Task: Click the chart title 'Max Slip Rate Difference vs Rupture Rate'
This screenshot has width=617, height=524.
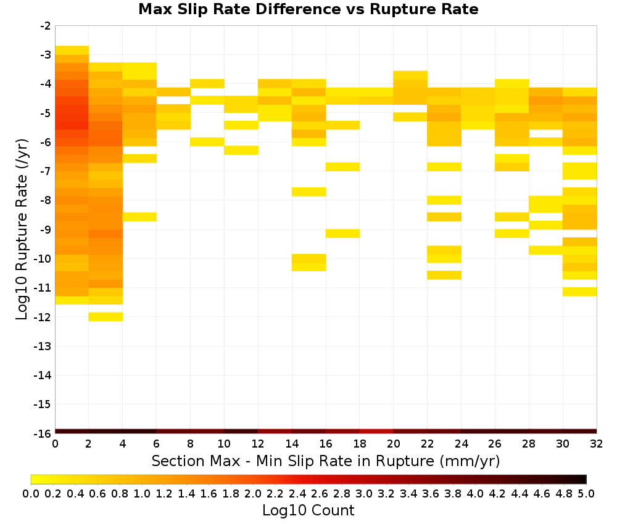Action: click(x=308, y=9)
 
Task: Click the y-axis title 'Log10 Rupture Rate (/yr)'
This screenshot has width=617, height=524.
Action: click(x=22, y=229)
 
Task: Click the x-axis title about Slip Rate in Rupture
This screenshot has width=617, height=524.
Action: click(x=325, y=461)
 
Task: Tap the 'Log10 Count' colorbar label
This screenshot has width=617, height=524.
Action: click(x=308, y=510)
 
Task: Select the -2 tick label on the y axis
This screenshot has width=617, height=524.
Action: click(x=46, y=26)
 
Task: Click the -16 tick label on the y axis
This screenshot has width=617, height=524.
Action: click(x=43, y=433)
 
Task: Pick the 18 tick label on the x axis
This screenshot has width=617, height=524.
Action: click(x=360, y=444)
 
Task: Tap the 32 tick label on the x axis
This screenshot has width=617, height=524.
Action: click(x=597, y=444)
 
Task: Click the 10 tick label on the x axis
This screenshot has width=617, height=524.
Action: click(x=224, y=444)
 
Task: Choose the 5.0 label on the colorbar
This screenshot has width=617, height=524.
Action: click(x=586, y=493)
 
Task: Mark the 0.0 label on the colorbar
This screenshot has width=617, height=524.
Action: click(x=31, y=493)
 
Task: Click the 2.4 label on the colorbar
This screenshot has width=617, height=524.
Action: click(x=297, y=493)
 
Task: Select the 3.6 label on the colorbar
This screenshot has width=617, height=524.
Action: click(x=431, y=493)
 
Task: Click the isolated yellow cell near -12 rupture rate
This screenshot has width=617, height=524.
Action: click(x=106, y=316)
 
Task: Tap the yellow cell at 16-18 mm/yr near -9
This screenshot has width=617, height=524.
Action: click(x=342, y=233)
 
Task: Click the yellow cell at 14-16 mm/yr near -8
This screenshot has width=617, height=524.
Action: click(x=309, y=192)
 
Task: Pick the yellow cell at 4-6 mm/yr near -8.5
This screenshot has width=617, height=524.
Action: click(x=139, y=216)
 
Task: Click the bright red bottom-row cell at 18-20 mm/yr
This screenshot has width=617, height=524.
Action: click(x=376, y=432)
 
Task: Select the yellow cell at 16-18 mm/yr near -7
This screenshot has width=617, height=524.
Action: click(x=342, y=166)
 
